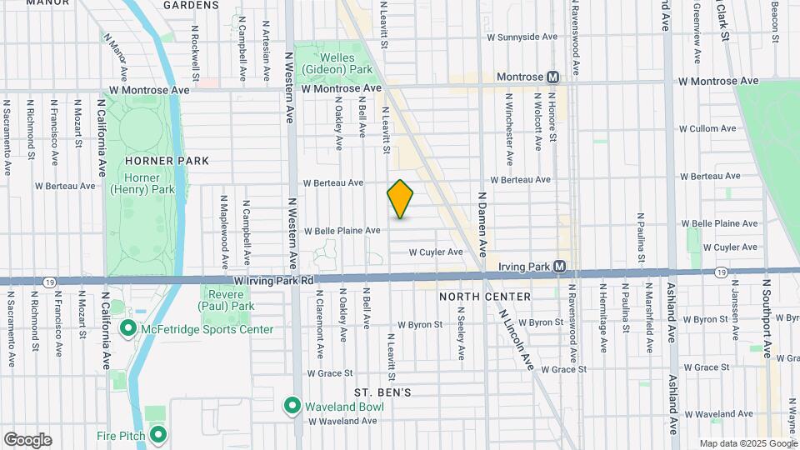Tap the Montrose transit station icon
tap(552, 77)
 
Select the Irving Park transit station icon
tap(560, 267)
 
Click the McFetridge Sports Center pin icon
tap(128, 329)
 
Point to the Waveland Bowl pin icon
tap(292, 406)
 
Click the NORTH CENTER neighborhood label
tap(485, 297)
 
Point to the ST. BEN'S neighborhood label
tap(382, 392)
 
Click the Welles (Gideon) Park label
tap(336, 61)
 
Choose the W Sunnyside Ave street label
tap(522, 37)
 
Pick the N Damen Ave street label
tap(482, 225)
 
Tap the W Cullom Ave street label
tap(707, 129)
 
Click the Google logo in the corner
tap(27, 440)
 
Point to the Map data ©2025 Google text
tap(747, 443)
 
